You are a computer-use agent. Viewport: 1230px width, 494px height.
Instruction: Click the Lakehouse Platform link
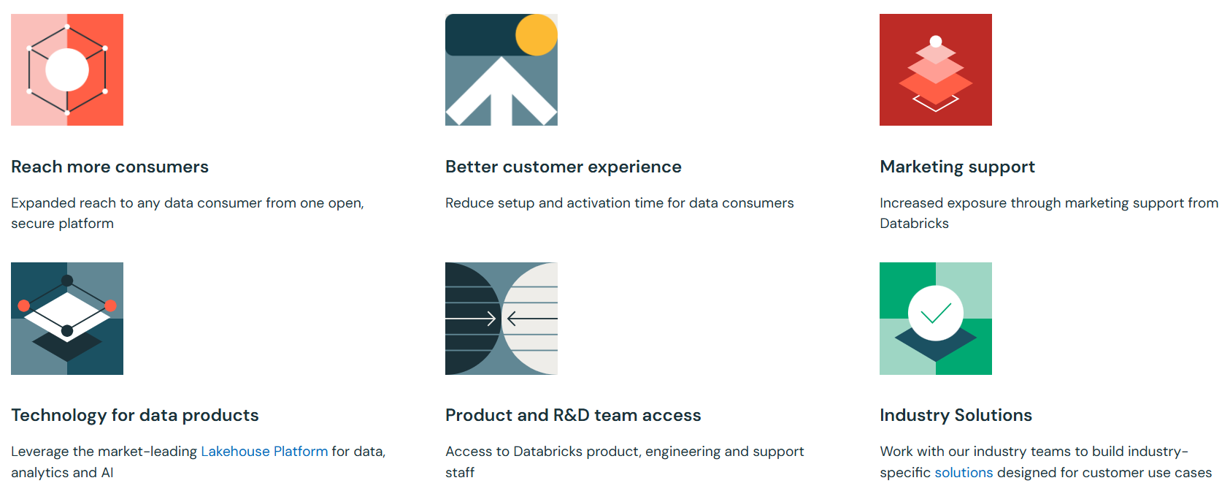point(264,452)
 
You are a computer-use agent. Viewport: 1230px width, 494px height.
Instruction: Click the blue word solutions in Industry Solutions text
point(964,473)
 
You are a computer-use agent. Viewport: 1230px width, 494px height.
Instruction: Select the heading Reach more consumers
point(109,167)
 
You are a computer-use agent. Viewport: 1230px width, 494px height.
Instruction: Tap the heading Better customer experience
point(563,167)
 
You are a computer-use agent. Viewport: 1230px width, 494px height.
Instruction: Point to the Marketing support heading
point(957,167)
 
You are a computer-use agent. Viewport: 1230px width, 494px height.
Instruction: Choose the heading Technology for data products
point(134,415)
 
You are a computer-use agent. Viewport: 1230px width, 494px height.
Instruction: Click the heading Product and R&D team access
point(572,415)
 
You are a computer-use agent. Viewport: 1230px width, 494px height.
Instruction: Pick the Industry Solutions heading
point(956,415)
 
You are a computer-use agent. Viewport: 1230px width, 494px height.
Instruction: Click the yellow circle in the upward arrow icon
point(537,34)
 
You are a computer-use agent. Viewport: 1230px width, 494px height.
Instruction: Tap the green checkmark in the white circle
point(936,313)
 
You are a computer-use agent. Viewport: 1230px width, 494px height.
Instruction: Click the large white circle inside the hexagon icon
point(67,70)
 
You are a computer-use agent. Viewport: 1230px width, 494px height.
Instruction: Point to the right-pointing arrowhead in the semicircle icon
point(492,319)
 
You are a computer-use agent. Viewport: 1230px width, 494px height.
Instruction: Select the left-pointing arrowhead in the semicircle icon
point(512,319)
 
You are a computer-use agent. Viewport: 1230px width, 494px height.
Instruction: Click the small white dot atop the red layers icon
point(936,42)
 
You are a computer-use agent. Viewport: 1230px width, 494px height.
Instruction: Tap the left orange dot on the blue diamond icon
point(24,305)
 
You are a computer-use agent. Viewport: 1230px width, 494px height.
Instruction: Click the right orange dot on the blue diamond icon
point(111,305)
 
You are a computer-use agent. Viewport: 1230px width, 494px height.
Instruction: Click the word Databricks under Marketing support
point(914,224)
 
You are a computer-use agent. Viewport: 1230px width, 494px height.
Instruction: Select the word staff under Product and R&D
point(460,473)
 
